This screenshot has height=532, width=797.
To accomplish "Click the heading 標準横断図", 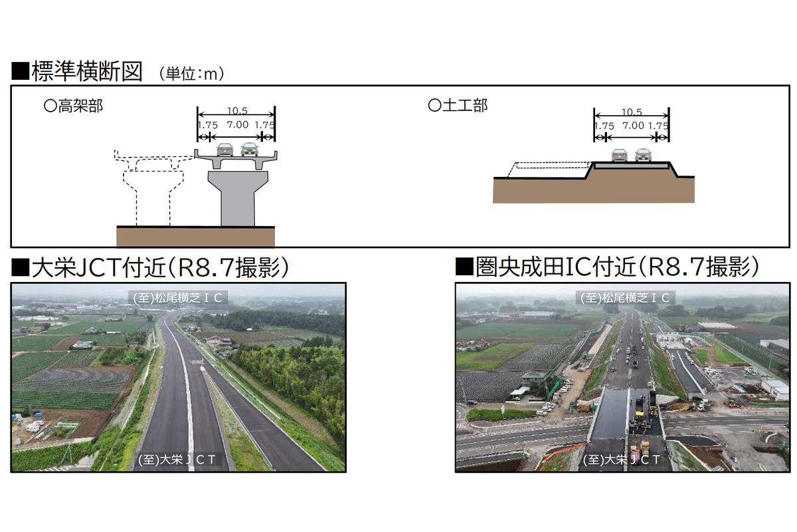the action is (x=87, y=71).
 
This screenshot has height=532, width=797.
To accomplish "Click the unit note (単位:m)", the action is (x=191, y=74).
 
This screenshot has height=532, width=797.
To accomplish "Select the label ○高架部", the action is (x=73, y=106).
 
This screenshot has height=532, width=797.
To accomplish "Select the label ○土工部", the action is (x=458, y=106).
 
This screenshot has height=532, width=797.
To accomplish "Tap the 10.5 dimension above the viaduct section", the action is (x=237, y=111).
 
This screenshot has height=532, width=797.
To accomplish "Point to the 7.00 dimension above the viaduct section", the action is (x=238, y=125).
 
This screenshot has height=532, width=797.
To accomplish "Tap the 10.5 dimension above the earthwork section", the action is (x=632, y=112).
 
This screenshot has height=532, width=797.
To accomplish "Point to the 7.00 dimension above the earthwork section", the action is (x=634, y=126).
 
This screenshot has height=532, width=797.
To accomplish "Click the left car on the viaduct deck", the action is (x=225, y=150).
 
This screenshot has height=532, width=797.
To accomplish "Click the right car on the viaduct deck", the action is (x=250, y=150).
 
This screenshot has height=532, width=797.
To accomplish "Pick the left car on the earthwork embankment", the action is (x=620, y=155).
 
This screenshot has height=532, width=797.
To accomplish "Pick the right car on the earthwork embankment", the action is (x=644, y=155).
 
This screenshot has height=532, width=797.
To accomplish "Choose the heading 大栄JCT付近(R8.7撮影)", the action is (x=160, y=267).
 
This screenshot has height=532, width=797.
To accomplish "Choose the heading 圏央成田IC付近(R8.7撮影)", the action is (x=617, y=267).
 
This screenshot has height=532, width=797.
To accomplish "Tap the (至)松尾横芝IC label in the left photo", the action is (x=177, y=298).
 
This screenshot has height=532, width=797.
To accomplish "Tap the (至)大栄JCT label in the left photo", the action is (x=177, y=460).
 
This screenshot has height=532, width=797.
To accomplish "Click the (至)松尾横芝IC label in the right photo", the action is (x=625, y=298).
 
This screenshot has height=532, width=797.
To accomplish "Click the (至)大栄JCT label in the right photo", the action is (x=621, y=460).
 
